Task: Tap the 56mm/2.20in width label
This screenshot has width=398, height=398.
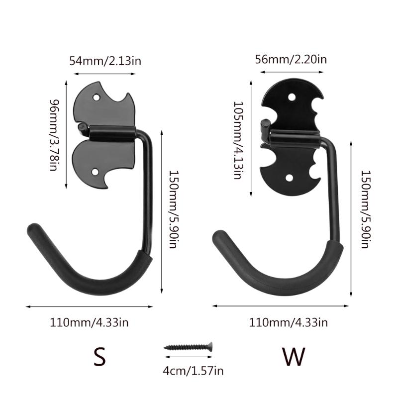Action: [291, 59]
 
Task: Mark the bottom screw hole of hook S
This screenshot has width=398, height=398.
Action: [97, 173]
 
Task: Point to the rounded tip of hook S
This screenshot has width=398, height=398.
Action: [34, 232]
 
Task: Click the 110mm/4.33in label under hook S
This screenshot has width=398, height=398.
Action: [89, 322]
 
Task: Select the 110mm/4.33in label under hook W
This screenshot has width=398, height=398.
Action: [289, 322]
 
